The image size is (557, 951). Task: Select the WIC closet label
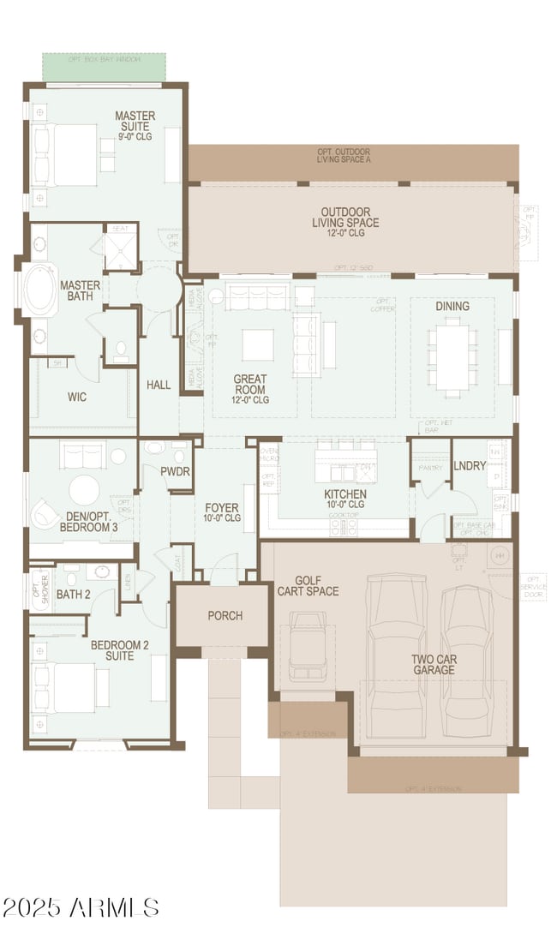(77, 398)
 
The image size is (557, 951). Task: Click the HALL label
(159, 385)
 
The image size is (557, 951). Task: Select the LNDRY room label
(470, 466)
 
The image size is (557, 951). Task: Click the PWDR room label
(175, 472)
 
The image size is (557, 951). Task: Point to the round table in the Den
(84, 491)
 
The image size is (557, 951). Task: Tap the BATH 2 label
(74, 594)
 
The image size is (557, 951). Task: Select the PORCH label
(225, 615)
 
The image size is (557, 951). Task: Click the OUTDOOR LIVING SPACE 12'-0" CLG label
(345, 222)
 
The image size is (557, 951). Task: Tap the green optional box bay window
(104, 67)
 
